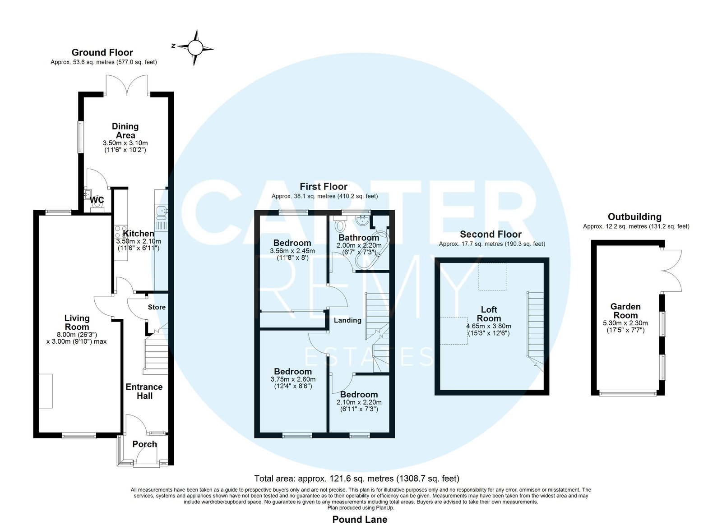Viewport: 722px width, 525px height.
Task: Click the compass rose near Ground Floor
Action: (195, 48)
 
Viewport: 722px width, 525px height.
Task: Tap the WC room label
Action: (97, 200)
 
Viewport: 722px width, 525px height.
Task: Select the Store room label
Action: (157, 307)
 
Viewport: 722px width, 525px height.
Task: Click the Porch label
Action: (145, 444)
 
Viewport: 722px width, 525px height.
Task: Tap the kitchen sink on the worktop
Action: (161, 212)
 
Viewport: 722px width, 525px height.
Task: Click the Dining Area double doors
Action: (127, 85)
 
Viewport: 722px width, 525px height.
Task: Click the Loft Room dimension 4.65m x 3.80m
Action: (489, 326)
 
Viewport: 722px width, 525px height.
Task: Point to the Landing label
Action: (347, 320)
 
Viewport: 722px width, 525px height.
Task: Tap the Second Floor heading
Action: (491, 234)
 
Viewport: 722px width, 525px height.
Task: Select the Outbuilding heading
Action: (634, 217)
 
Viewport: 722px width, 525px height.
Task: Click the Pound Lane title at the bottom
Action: (360, 519)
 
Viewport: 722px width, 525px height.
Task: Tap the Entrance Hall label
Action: (144, 391)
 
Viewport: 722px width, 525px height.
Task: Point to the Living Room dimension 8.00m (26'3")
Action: (77, 335)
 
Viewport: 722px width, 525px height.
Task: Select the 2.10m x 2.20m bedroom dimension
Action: (359, 402)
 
